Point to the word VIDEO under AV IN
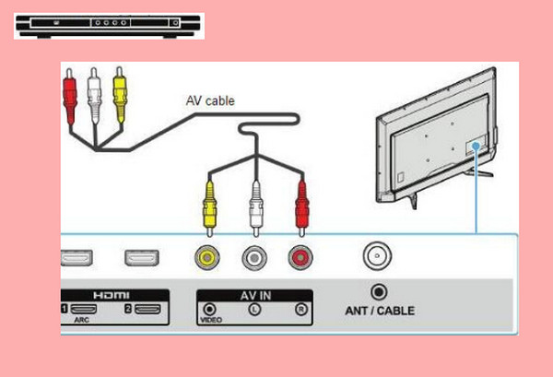[x=210, y=322]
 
